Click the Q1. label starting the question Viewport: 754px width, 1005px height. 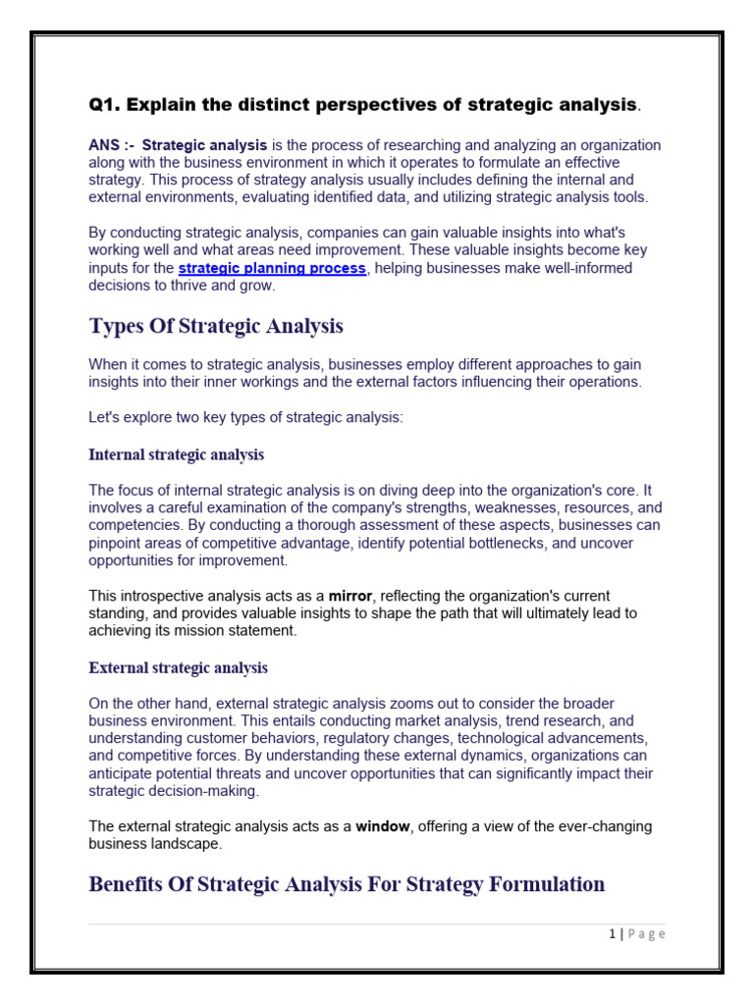point(105,104)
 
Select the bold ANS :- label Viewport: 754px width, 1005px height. point(112,144)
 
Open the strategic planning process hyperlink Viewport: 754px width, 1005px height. point(272,268)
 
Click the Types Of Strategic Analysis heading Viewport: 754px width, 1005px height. point(216,326)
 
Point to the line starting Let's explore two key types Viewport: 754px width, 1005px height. point(245,417)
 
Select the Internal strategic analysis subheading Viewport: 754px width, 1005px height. point(176,454)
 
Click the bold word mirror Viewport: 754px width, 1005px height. point(350,596)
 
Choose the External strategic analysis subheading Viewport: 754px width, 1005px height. point(178,667)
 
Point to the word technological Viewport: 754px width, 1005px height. point(506,737)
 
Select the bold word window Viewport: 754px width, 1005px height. point(382,825)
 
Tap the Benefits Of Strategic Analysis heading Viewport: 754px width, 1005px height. point(347,884)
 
